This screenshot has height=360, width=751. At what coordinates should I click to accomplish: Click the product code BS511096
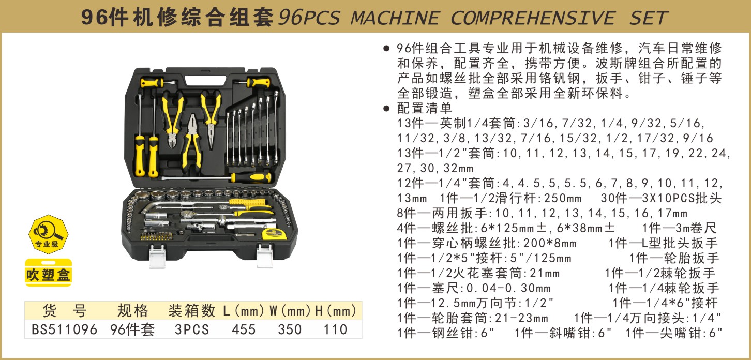pyautogui.click(x=64, y=329)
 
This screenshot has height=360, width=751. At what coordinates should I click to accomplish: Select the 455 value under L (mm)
pyautogui.click(x=244, y=329)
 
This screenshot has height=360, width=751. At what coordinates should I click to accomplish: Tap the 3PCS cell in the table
pyautogui.click(x=192, y=329)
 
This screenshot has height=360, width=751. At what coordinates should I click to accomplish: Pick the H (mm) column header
pyautogui.click(x=336, y=311)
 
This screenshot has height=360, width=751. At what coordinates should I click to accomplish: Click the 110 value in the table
pyautogui.click(x=335, y=329)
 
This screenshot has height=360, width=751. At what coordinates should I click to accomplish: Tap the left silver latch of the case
pyautogui.click(x=157, y=256)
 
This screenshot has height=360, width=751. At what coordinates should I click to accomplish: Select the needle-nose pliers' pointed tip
pyautogui.click(x=211, y=147)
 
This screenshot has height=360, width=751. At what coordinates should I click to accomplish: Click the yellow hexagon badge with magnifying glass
pyautogui.click(x=48, y=234)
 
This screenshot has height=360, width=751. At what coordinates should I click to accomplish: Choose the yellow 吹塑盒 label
pyautogui.click(x=49, y=273)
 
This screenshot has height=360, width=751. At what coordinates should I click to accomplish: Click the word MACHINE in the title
pyautogui.click(x=395, y=18)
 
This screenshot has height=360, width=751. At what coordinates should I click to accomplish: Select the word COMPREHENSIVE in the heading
pyautogui.click(x=533, y=18)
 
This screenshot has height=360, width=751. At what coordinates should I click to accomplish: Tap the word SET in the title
pyautogui.click(x=649, y=18)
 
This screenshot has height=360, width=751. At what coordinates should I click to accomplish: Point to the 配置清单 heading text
pyautogui.click(x=425, y=108)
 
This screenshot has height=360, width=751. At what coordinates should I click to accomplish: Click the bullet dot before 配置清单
pyautogui.click(x=386, y=108)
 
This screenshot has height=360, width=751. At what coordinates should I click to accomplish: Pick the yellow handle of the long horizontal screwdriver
pyautogui.click(x=251, y=177)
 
